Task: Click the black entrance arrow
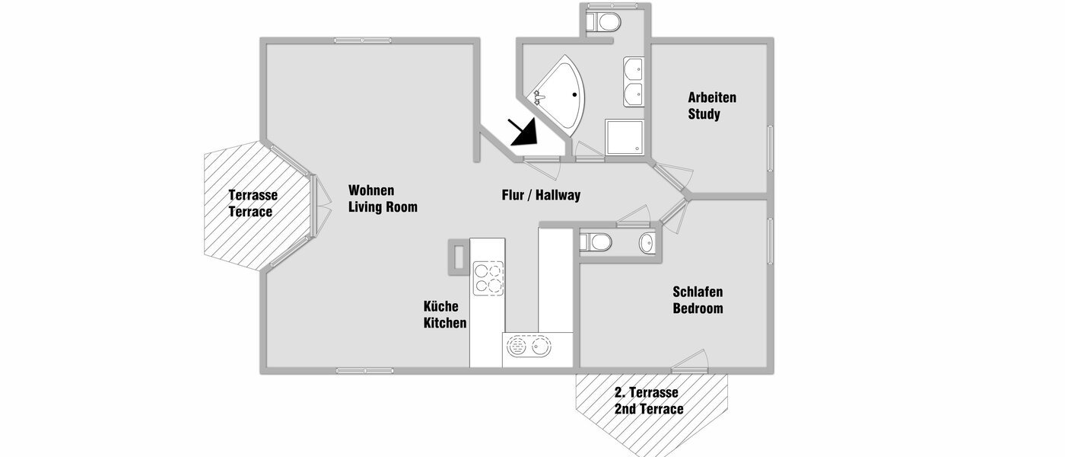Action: (x=523, y=131)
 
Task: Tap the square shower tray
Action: (x=625, y=139)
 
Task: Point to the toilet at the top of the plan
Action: (x=606, y=21)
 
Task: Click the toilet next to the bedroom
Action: (x=596, y=243)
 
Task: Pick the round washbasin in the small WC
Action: (x=645, y=243)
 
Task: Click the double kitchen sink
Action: (x=529, y=348)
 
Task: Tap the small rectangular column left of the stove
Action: (x=458, y=255)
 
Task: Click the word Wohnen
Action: (x=371, y=190)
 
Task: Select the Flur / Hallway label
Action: (x=541, y=195)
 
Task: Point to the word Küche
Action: (x=440, y=306)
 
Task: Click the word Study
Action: (x=704, y=114)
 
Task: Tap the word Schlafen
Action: (x=697, y=292)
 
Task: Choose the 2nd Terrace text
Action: (x=648, y=409)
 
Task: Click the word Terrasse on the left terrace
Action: (x=253, y=195)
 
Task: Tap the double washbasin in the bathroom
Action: (x=634, y=81)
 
